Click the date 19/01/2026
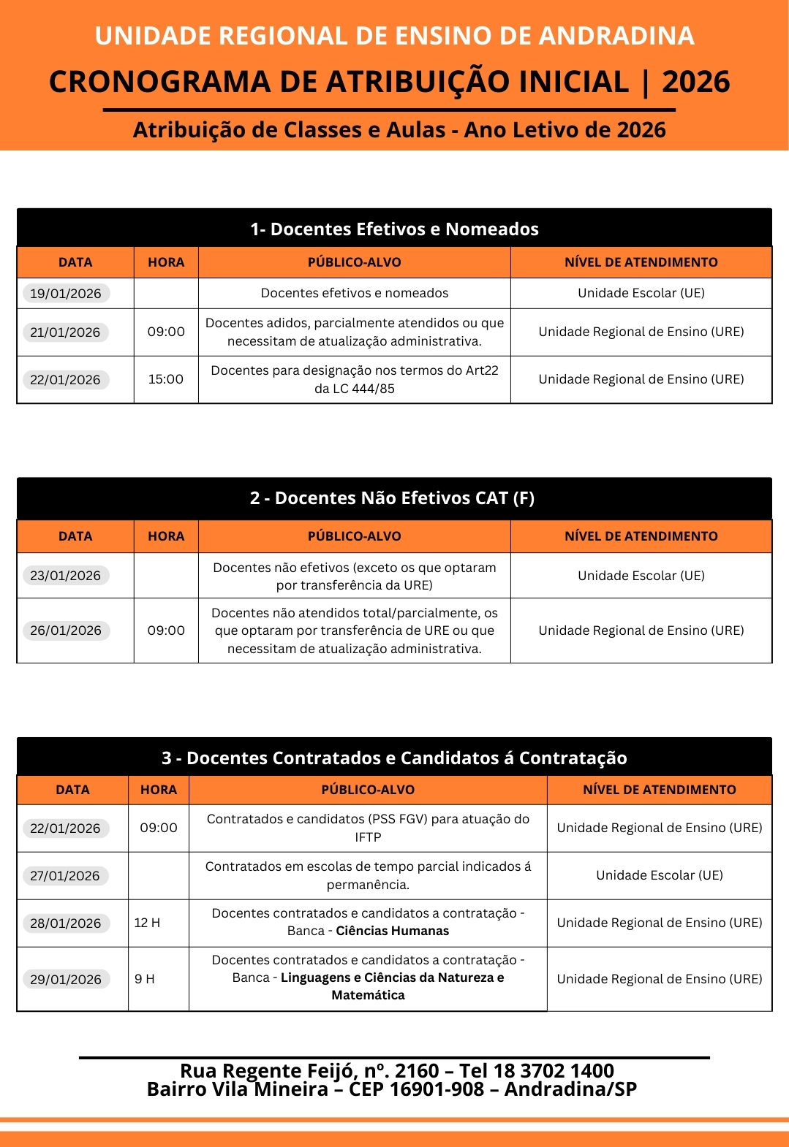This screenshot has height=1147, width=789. coord(66,293)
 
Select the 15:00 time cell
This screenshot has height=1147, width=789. coord(166,379)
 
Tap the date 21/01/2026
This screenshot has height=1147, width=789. coord(65,332)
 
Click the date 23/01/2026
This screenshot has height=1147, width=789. coord(66,576)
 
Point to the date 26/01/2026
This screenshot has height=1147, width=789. coord(66,630)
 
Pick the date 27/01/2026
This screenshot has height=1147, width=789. coord(65,876)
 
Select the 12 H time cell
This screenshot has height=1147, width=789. coord(147,923)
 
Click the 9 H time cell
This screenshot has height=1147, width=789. coord(145,979)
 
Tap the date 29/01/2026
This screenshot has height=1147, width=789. coord(66,979)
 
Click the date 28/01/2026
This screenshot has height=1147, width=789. coord(66,923)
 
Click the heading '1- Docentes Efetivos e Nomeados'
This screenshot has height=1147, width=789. coord(394,229)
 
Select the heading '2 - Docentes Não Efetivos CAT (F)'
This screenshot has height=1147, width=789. coord(392,498)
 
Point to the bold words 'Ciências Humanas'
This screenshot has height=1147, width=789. coord(393,931)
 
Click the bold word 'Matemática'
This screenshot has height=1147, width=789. coord(368,995)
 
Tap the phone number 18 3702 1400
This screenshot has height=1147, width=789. coord(554,1071)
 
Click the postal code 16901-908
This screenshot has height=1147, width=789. coord(437,1089)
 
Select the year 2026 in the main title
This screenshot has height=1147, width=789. coord(695,82)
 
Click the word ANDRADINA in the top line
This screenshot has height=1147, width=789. coord(616,36)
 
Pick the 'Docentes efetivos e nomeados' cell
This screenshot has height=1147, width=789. coord(355,293)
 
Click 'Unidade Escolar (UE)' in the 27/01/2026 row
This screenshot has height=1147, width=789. coord(660,875)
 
